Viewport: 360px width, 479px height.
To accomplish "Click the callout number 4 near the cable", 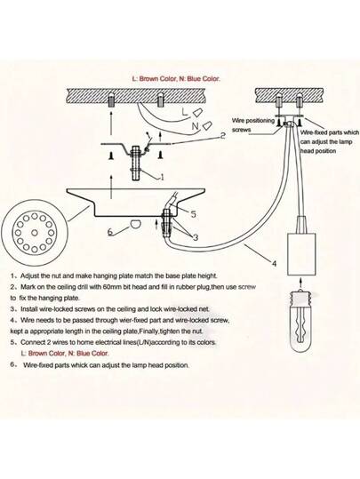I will pos(274,264).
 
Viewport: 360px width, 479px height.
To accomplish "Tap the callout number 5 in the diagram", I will pos(193,214).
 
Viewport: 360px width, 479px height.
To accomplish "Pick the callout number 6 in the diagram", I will pos(109,233).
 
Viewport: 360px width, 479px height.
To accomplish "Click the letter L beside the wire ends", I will pos(184,112).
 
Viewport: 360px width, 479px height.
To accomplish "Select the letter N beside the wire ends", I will pos(194,127).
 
